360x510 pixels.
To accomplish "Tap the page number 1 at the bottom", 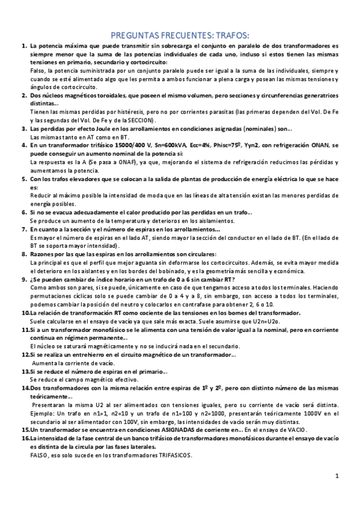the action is click(337, 476).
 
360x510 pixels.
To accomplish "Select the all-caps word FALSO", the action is click(39, 455).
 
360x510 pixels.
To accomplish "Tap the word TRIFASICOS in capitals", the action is click(174, 455).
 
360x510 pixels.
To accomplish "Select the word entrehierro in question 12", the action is click(91, 355).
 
